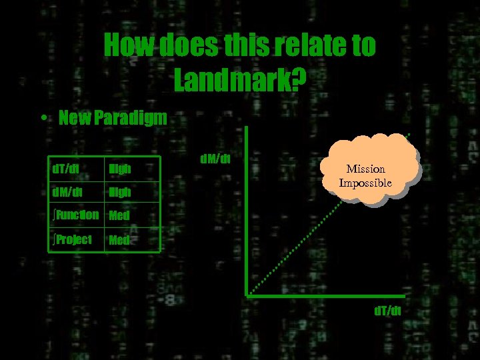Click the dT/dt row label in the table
click(x=66, y=169)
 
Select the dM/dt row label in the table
click(x=68, y=192)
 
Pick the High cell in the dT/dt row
click(x=120, y=169)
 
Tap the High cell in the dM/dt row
click(x=120, y=193)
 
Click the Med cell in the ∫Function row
click(x=119, y=216)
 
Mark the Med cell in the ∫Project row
click(x=119, y=240)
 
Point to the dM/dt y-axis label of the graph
click(x=215, y=159)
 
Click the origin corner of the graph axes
click(x=247, y=294)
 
